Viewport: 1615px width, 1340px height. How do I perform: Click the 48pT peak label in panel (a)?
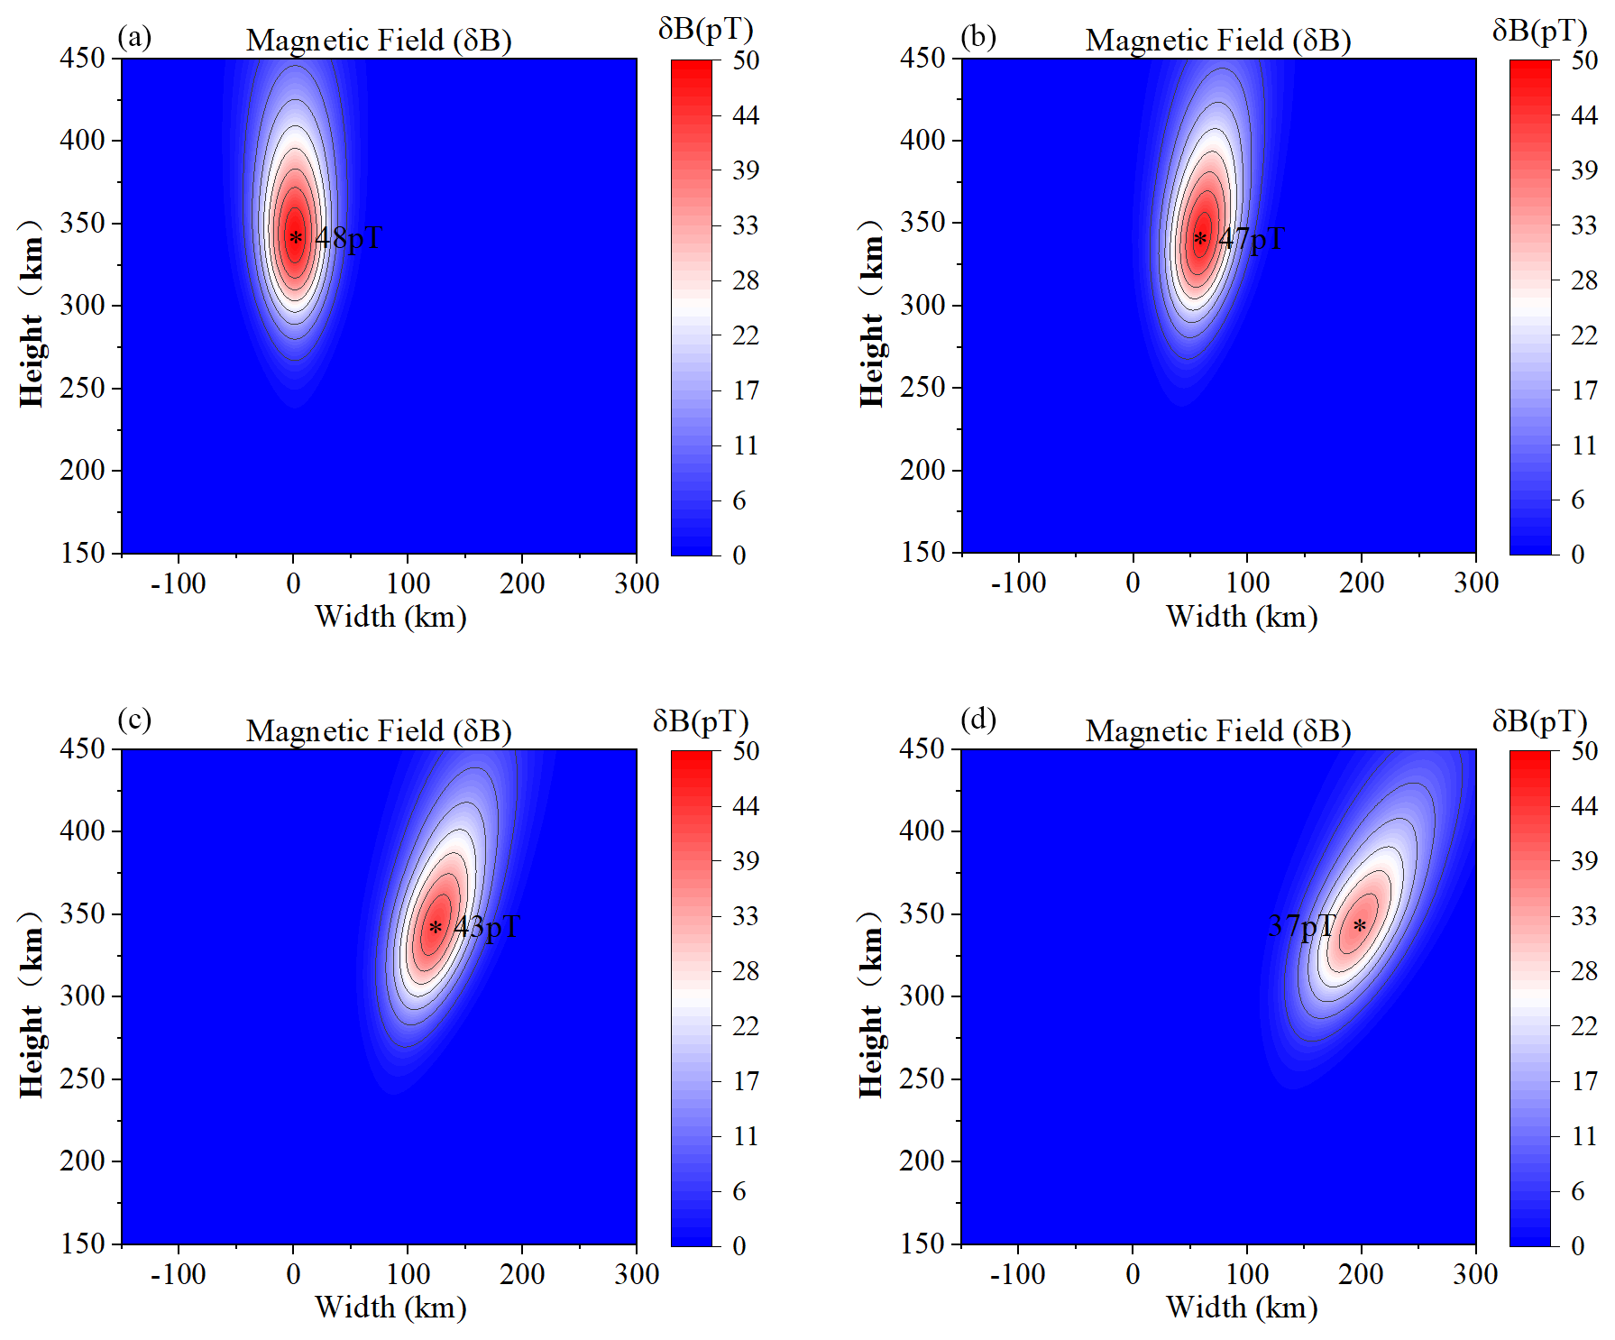click(x=348, y=238)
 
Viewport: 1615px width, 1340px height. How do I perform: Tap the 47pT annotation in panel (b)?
click(x=1252, y=239)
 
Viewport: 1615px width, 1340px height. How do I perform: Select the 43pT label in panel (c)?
click(x=487, y=927)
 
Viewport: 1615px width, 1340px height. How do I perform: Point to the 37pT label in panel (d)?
click(x=1301, y=926)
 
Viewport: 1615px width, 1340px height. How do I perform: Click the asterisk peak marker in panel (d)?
click(x=1359, y=926)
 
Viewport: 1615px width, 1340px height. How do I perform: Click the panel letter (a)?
click(x=134, y=37)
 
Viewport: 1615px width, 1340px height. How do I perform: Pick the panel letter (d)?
click(x=978, y=720)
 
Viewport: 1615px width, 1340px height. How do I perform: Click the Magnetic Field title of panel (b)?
click(x=1217, y=41)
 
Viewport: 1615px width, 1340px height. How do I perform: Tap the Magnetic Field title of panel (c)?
click(x=379, y=731)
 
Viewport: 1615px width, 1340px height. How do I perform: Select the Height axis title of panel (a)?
click(x=32, y=314)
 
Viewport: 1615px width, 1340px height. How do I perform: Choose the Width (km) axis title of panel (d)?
click(x=1242, y=1308)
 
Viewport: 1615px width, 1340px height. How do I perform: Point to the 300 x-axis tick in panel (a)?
click(x=637, y=583)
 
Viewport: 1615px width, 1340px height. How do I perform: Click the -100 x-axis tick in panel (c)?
click(x=178, y=1274)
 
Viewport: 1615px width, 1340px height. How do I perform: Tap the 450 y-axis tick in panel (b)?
click(x=922, y=58)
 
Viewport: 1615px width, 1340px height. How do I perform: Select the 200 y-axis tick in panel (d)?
click(x=922, y=1161)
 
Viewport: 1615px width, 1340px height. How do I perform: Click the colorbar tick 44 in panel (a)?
click(x=746, y=115)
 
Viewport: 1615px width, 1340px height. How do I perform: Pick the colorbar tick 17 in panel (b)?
click(x=1584, y=390)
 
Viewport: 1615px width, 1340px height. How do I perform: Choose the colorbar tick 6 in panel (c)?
click(x=739, y=1191)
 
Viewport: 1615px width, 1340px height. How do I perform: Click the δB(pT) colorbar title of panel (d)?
click(x=1539, y=721)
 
